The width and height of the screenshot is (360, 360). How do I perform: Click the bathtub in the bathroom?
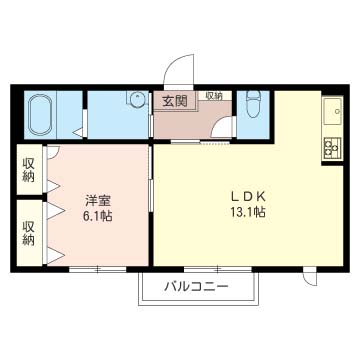click(x=41, y=115)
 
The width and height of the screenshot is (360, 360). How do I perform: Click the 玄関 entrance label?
click(x=166, y=102)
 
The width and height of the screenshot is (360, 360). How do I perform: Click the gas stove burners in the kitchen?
click(x=331, y=147)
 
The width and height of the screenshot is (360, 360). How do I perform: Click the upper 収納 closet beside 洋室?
click(x=28, y=170)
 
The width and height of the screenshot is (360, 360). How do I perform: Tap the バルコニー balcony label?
click(x=198, y=287)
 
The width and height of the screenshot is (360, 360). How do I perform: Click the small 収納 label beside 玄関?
click(x=214, y=96)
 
